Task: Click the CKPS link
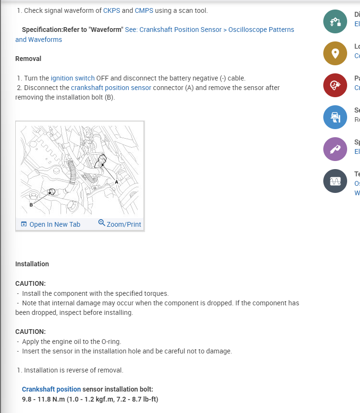(x=111, y=10)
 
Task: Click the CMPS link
(x=144, y=10)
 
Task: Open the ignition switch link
(x=72, y=78)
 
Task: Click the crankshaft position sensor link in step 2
(x=111, y=88)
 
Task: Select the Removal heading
(x=28, y=59)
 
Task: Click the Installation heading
(x=32, y=264)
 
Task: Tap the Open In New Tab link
(x=51, y=224)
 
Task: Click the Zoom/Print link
(x=120, y=224)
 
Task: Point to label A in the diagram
(x=116, y=182)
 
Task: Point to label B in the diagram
(x=31, y=205)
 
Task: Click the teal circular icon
(x=335, y=21)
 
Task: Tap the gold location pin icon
(x=335, y=53)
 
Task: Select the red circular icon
(x=335, y=85)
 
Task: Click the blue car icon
(x=335, y=117)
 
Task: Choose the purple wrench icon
(x=335, y=149)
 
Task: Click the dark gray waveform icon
(x=335, y=181)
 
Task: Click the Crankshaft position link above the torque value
(x=51, y=389)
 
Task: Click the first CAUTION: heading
(x=31, y=283)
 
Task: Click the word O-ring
(x=110, y=342)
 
